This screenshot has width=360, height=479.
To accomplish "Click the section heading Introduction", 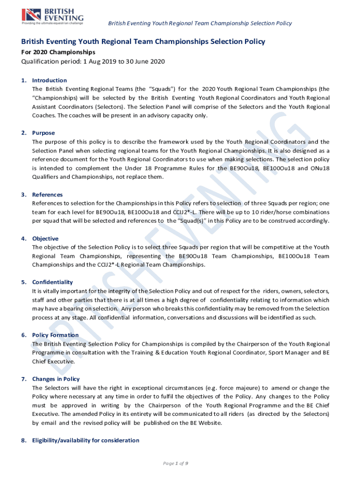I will [x=50, y=80].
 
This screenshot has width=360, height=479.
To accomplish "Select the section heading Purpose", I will [x=43, y=133].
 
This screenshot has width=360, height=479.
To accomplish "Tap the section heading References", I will [x=47, y=194].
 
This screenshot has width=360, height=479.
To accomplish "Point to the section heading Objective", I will [x=45, y=238].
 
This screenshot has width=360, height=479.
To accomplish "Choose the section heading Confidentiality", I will [x=52, y=282].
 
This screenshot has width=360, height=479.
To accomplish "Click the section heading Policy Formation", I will [x=56, y=335].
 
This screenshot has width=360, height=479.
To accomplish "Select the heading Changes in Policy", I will [x=56, y=379].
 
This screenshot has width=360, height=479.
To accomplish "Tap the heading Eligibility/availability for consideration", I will [x=86, y=440].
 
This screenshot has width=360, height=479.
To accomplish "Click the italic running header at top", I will [x=200, y=23].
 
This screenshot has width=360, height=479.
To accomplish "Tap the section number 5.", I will [x=23, y=282].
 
